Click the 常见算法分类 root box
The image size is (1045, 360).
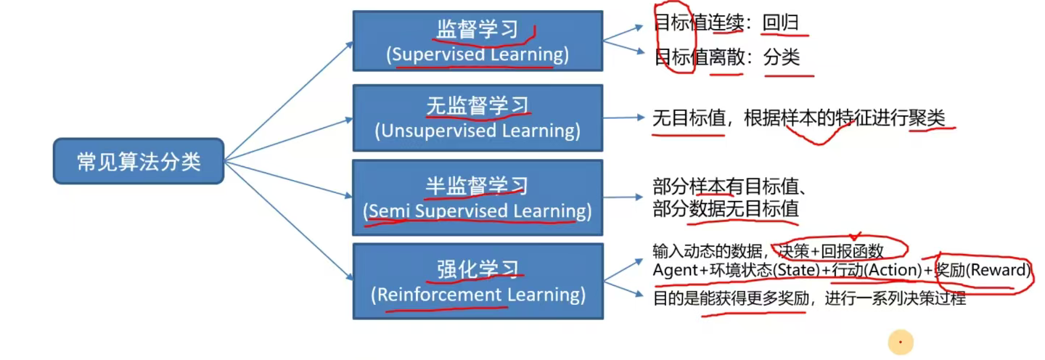pos(139,161)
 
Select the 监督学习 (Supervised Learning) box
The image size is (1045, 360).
pos(478,41)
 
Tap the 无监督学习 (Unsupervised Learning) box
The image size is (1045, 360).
pos(478,118)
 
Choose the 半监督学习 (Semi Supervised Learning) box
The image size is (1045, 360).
pos(478,198)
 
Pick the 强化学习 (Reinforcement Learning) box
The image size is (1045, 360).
pos(478,282)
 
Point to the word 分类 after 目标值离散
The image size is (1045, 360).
pos(782,57)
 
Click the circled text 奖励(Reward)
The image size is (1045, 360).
pos(984,271)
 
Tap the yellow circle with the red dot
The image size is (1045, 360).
pos(901,342)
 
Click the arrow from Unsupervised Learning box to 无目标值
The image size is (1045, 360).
pos(623,118)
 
